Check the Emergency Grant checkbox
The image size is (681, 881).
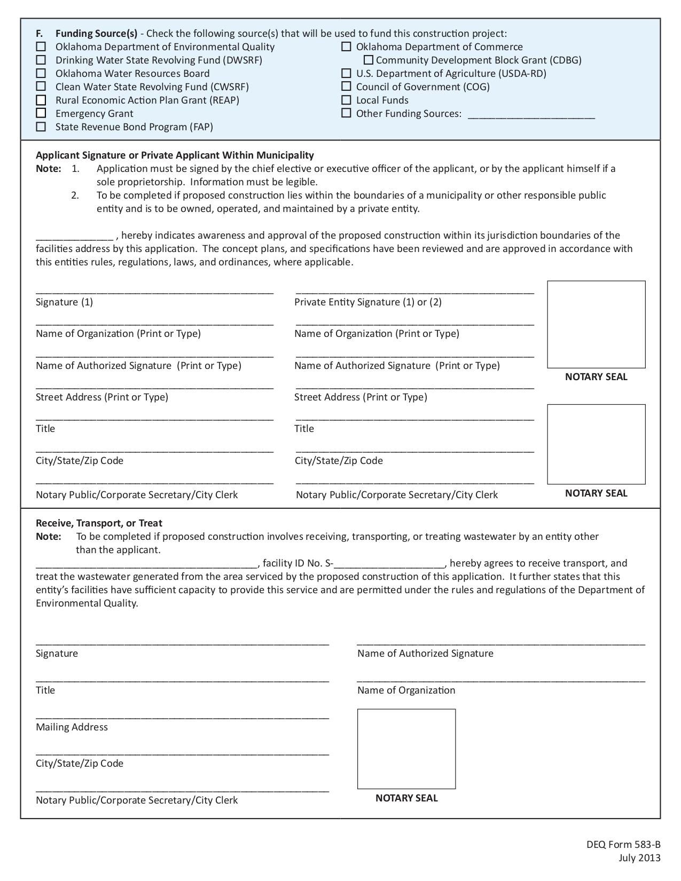(41, 113)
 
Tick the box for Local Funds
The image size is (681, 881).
(347, 100)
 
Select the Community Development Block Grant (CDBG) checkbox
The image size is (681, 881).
(368, 60)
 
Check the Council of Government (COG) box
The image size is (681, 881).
(347, 86)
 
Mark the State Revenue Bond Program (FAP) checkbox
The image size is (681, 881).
(41, 127)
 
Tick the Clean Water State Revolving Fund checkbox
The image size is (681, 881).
(41, 86)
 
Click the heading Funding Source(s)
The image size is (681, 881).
(96, 34)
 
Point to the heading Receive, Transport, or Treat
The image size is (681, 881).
(99, 523)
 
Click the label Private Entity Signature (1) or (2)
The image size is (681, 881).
(368, 302)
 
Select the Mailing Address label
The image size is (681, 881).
(72, 727)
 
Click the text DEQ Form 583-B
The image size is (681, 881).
(623, 845)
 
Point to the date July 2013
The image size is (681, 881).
(639, 858)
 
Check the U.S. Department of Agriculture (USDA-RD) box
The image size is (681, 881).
(347, 73)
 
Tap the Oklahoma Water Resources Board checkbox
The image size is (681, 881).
(41, 73)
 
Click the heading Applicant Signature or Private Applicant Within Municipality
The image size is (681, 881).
(175, 155)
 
